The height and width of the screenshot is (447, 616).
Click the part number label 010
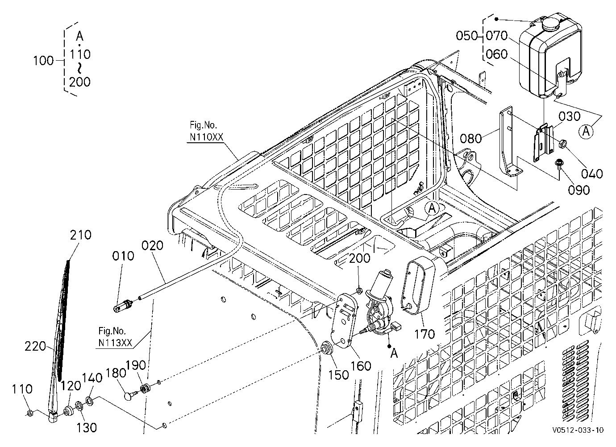tap(123, 256)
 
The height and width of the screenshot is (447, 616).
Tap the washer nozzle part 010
tap(124, 306)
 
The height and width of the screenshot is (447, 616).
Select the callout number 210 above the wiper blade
tap(81, 235)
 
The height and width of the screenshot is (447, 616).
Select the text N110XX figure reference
tap(207, 137)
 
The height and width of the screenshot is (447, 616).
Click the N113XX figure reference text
tap(115, 343)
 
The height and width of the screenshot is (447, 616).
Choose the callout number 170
tap(425, 334)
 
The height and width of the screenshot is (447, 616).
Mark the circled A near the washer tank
tap(586, 132)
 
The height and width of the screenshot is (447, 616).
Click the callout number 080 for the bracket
tap(471, 139)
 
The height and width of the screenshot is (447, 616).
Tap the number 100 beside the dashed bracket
tap(43, 61)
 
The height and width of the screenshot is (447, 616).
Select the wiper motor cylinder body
tap(379, 282)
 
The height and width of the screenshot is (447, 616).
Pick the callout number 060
tap(496, 54)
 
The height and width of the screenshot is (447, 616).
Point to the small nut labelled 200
tap(359, 290)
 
